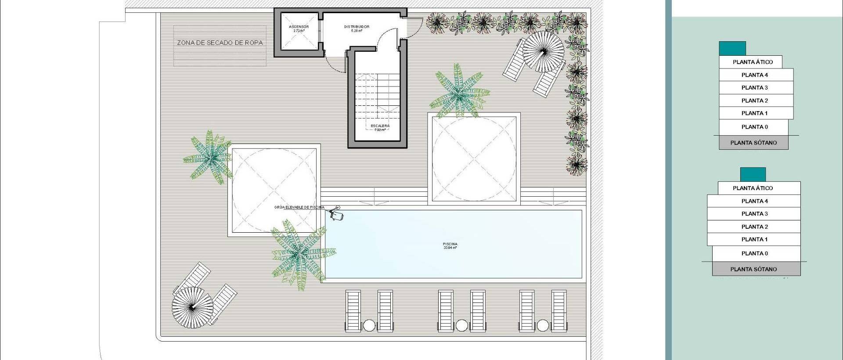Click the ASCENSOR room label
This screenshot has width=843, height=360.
tap(299, 27)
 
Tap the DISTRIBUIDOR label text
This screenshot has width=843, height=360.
tap(357, 27)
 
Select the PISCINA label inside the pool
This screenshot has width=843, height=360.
tap(450, 245)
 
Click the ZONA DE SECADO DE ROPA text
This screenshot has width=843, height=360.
tap(220, 43)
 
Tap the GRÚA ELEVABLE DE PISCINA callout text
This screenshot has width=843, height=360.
tap(299, 207)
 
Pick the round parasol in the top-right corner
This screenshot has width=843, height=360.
tap(543, 52)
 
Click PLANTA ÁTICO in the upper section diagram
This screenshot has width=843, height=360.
tap(753, 62)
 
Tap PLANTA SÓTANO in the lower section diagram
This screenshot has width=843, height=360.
tap(753, 269)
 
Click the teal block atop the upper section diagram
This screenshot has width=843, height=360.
tap(732, 48)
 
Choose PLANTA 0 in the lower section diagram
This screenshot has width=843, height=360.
tap(755, 253)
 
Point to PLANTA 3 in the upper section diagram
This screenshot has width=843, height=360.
tap(755, 88)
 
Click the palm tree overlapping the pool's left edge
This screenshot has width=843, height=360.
tap(300, 253)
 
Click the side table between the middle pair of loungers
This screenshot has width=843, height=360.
tap(461, 325)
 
